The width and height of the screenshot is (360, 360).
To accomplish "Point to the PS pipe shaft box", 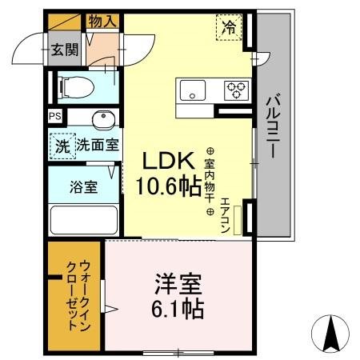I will click(x=54, y=117).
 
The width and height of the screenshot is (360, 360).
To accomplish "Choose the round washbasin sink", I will click(x=102, y=120).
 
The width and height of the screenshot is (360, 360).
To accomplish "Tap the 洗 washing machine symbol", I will click(x=62, y=146).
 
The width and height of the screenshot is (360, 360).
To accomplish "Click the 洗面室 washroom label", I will click(x=98, y=146).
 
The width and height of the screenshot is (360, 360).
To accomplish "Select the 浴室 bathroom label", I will click(x=84, y=188).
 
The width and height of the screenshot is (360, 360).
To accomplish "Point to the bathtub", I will click(x=83, y=220).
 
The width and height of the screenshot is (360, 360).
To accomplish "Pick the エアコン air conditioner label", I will click(x=226, y=213).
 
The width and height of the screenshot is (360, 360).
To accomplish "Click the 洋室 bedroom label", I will click(x=178, y=284).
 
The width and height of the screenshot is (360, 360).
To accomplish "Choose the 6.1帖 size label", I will click(x=178, y=309).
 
